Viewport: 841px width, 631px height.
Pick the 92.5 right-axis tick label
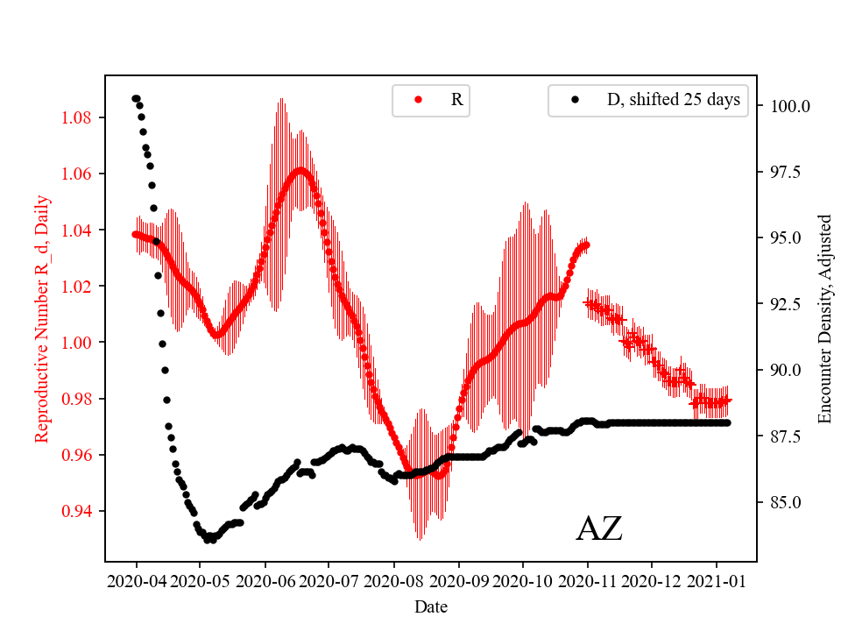tap(786, 304)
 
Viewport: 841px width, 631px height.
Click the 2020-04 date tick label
tap(137, 580)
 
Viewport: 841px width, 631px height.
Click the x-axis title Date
tap(430, 606)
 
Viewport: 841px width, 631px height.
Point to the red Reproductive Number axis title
tap(41, 318)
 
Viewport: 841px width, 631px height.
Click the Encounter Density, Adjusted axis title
tap(824, 318)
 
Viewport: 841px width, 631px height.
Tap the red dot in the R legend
tap(418, 101)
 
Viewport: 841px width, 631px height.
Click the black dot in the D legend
tap(575, 101)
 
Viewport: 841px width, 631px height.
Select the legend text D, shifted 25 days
tap(673, 100)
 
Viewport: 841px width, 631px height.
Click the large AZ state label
tap(599, 528)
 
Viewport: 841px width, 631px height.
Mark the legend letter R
tap(456, 100)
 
